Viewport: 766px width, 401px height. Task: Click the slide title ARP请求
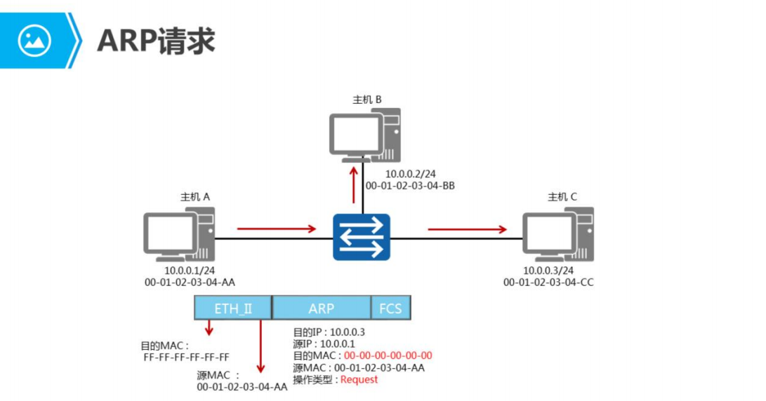tap(155, 41)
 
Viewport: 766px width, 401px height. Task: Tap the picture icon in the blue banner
tap(34, 41)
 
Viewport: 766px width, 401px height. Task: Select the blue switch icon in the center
tap(362, 237)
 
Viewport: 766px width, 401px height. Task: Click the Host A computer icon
tap(179, 234)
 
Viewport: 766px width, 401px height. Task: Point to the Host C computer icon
tap(558, 234)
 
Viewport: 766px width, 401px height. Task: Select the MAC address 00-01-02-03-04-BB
tap(411, 186)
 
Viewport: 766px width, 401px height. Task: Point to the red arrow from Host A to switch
tap(276, 229)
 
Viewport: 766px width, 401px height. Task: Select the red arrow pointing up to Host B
tap(353, 181)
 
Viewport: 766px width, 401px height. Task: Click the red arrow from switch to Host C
tap(467, 229)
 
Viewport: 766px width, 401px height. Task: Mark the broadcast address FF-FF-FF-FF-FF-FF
tap(186, 357)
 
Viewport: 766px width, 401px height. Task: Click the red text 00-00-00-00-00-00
tap(388, 355)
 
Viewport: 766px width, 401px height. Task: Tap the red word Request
tap(359, 379)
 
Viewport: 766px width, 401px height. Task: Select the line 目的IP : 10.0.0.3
tap(329, 332)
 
